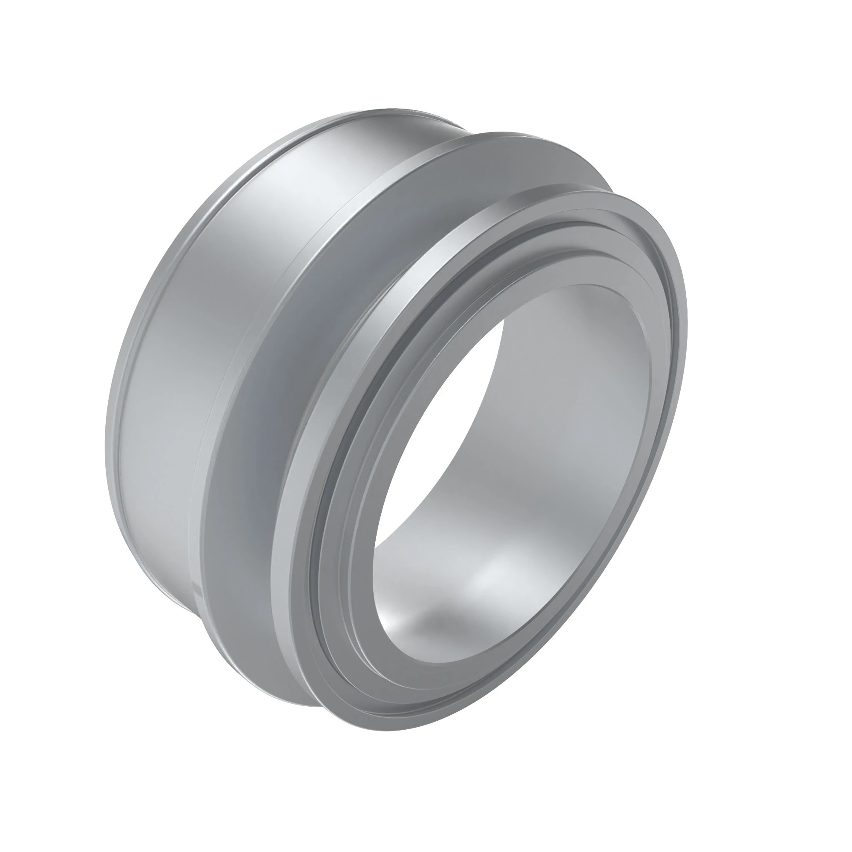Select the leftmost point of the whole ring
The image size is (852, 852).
[106, 441]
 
